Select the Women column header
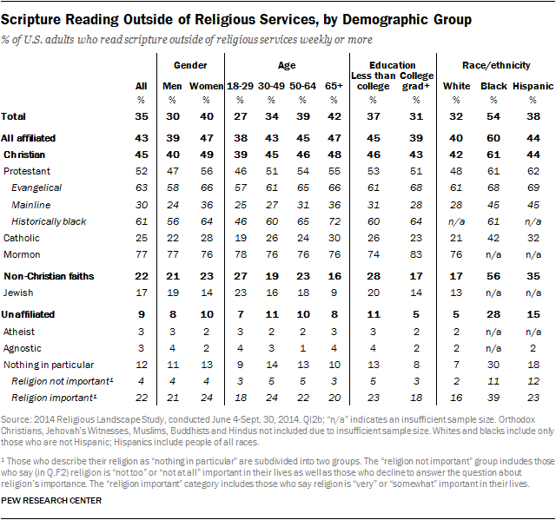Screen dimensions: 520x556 click(206, 87)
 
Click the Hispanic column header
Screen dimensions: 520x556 click(529, 87)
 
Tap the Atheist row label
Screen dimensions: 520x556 click(21, 331)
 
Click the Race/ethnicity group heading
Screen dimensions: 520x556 click(492, 64)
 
